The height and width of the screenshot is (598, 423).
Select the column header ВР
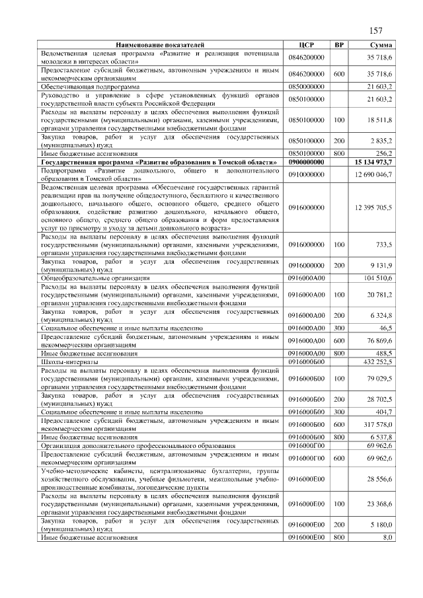click(339, 44)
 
